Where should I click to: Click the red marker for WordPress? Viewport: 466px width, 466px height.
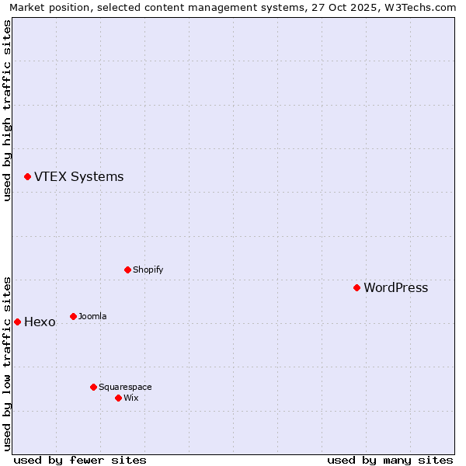(356, 287)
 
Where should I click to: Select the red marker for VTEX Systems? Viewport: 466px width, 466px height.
(27, 177)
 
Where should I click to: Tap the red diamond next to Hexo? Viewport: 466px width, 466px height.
(17, 322)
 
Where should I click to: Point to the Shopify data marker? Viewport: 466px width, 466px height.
(127, 270)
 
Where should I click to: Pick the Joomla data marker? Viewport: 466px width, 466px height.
(73, 316)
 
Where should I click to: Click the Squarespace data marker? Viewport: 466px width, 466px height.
(93, 387)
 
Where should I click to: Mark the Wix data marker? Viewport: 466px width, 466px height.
(118, 398)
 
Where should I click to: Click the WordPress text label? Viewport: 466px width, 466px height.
(395, 288)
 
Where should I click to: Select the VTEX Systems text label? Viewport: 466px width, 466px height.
(78, 177)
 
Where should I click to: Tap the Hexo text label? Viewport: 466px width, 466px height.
(40, 322)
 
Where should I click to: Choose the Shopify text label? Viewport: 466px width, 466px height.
(148, 270)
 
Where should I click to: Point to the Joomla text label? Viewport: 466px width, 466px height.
(92, 317)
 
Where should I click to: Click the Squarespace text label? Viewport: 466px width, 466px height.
(125, 388)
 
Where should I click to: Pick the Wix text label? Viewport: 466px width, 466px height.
(130, 398)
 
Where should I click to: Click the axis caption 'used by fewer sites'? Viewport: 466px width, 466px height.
(80, 460)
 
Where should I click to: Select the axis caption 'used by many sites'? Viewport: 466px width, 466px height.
(390, 460)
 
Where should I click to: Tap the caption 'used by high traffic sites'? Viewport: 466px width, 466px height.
(8, 110)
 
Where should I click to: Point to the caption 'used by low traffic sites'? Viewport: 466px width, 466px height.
(8, 363)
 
